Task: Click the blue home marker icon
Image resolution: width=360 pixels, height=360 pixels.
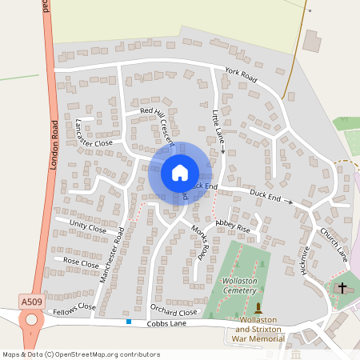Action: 180,173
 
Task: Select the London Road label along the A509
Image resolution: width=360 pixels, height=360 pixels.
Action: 54,146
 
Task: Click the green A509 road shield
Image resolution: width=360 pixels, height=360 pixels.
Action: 30,302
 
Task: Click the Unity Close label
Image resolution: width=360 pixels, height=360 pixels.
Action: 87,227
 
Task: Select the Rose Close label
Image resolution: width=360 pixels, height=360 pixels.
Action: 81,262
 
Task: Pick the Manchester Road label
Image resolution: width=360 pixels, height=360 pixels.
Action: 112,256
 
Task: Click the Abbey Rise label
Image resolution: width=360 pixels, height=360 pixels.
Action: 233,226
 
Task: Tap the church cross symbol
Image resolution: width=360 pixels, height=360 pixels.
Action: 342,287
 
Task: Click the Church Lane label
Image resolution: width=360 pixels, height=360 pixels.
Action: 334,243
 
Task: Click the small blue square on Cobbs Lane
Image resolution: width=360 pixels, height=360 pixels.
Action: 128,322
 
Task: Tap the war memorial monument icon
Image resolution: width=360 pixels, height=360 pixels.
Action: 258,307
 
